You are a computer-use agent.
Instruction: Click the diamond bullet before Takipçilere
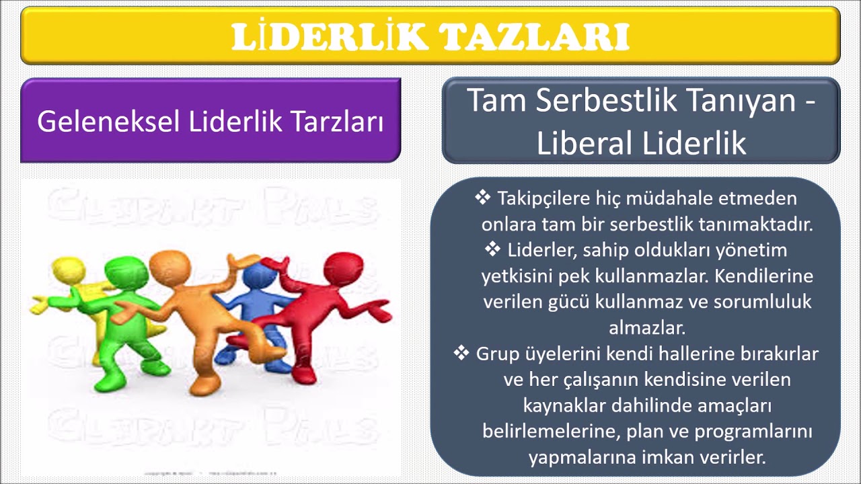click(483, 198)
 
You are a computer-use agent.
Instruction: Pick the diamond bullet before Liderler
click(492, 249)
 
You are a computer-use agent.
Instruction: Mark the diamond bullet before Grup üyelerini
click(461, 352)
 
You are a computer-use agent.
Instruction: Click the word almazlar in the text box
click(646, 329)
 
